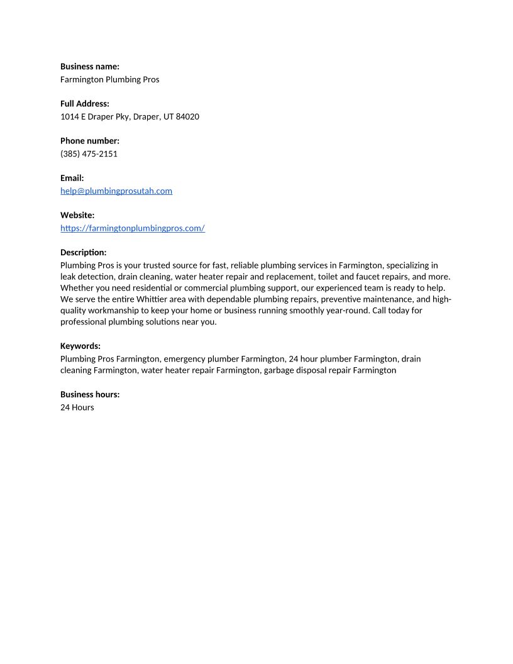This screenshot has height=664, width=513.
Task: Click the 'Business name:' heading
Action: [x=90, y=66]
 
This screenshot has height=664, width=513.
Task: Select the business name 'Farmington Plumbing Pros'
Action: [x=110, y=79]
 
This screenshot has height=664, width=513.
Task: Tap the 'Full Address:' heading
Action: [x=85, y=104]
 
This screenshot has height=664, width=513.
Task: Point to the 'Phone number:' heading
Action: [x=90, y=141]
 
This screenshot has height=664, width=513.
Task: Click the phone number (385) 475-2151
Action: [x=89, y=153]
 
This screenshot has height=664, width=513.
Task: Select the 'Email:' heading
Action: [x=72, y=178]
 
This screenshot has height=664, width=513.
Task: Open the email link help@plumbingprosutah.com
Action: [x=116, y=191]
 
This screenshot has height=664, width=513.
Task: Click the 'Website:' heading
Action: [x=77, y=215]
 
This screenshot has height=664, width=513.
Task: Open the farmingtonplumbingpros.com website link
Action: [x=133, y=228]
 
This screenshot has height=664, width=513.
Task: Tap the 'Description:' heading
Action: [x=84, y=252]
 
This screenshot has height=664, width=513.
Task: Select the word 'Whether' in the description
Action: [x=76, y=288]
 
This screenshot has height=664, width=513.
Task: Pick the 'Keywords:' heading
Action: [x=80, y=346]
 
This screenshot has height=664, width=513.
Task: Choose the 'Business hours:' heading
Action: [x=90, y=394]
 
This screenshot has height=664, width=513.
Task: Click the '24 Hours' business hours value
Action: [x=77, y=407]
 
